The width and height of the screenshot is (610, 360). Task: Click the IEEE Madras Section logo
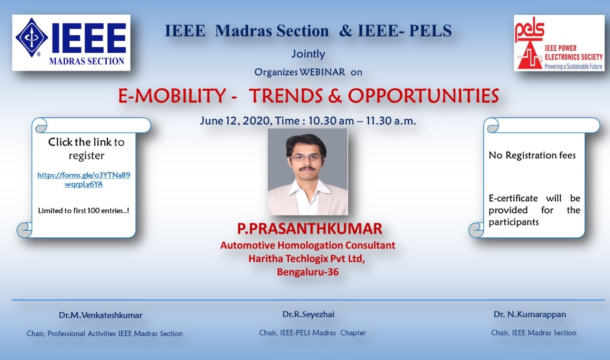[71, 42]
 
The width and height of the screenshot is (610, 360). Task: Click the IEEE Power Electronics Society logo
[559, 43]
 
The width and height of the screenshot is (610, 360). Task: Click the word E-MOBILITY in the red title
[172, 96]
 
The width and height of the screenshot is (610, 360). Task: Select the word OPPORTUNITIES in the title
[423, 96]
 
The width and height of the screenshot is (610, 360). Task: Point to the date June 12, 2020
[235, 121]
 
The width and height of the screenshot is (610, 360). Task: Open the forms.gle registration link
[84, 179]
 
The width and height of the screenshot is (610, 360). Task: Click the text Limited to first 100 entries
[83, 211]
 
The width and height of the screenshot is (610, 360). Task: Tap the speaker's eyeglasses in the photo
[307, 158]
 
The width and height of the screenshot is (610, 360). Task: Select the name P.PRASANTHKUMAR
[310, 229]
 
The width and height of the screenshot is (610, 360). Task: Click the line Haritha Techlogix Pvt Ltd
[306, 258]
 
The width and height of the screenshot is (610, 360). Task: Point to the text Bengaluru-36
[308, 272]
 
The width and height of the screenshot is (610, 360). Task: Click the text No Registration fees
[532, 155]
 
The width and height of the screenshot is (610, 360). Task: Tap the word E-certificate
[513, 198]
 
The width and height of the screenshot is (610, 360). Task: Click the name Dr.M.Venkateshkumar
[101, 315]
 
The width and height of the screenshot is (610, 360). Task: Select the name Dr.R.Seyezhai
[308, 315]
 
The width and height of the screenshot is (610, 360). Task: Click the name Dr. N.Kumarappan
[530, 315]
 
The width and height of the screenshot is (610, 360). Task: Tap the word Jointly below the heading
[308, 54]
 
